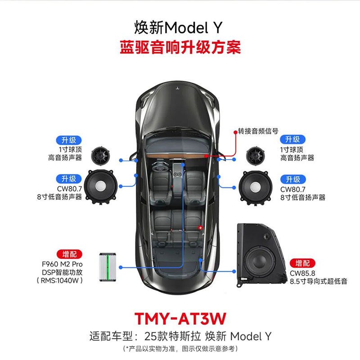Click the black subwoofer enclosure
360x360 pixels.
tap(260, 255)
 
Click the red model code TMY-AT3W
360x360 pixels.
tap(180, 318)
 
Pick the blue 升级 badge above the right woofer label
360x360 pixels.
tap(292, 178)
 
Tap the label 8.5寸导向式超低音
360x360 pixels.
tap(312, 281)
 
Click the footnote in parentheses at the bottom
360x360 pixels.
tap(180, 348)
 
